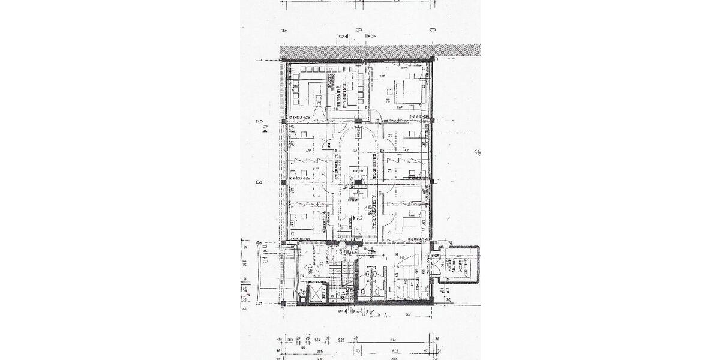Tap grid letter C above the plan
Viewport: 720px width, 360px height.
pos(432,29)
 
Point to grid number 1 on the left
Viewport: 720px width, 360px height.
pos(258,60)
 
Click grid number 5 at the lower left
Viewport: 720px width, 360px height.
pos(258,304)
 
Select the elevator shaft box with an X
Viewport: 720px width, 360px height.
pos(316,293)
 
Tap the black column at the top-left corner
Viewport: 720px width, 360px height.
pos(283,60)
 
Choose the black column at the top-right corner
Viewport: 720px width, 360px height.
pos(432,59)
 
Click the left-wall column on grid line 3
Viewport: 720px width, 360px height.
pos(283,181)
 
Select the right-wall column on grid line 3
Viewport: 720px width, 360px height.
pos(432,180)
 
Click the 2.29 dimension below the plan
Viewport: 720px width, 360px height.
pos(341,340)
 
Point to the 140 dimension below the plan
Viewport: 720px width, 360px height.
pos(316,340)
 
